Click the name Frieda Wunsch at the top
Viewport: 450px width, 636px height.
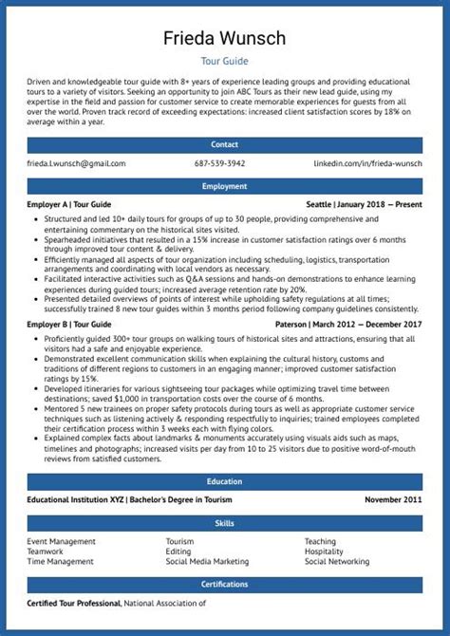point(225,38)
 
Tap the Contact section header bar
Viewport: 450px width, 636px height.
point(225,145)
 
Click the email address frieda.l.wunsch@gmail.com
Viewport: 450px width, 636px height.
point(76,164)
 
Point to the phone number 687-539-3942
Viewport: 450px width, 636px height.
point(219,164)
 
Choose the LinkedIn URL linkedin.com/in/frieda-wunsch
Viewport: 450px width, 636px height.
point(368,164)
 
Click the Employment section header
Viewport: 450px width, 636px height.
point(225,186)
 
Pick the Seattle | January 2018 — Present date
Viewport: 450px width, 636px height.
point(365,205)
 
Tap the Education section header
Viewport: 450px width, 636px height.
point(225,481)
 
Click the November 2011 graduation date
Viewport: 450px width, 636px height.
point(393,500)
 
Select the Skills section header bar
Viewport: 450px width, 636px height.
point(225,523)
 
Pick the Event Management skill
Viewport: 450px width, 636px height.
point(61,542)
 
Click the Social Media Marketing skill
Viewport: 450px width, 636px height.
point(207,561)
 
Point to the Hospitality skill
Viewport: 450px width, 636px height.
point(324,552)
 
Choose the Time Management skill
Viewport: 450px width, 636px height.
point(60,561)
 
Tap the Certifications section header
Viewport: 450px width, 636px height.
point(225,584)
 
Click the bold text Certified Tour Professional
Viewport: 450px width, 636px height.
point(73,603)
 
